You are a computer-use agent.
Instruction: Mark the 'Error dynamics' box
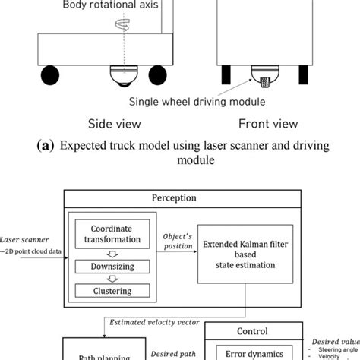[252, 352]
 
